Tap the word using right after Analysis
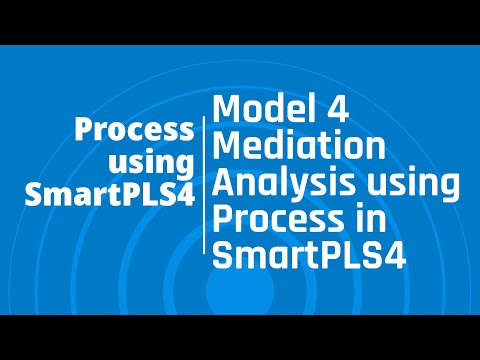[421, 186]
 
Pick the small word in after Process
[362, 221]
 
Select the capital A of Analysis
[227, 185]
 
